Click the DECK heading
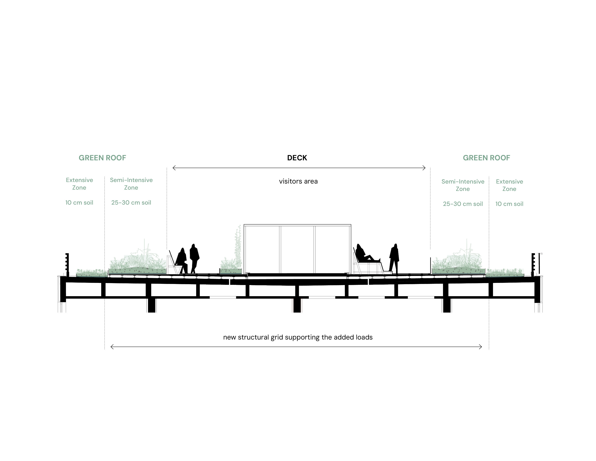(297, 158)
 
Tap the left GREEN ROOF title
(102, 158)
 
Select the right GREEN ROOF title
(486, 158)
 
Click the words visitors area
(298, 181)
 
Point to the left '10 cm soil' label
(79, 203)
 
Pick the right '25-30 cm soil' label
(463, 204)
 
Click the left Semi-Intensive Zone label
(131, 184)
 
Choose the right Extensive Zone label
(510, 185)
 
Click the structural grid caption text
(298, 337)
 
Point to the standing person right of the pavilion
(394, 258)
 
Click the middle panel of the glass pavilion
(297, 249)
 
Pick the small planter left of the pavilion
(231, 271)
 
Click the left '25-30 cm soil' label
(131, 203)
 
